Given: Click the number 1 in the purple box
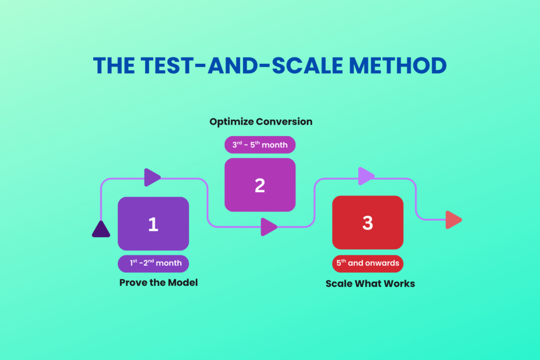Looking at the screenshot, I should click(x=153, y=224).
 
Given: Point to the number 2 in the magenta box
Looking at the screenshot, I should click(x=259, y=185).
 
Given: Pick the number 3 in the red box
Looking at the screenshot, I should click(x=368, y=223).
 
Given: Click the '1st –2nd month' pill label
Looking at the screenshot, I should click(x=153, y=263).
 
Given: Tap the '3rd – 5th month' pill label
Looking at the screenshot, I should click(x=259, y=144).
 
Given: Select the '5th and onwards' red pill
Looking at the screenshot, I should click(x=368, y=262).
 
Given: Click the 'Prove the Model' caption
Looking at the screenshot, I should click(x=158, y=283).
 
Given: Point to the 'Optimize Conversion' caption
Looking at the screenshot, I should click(x=261, y=122).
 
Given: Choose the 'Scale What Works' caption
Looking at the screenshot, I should click(x=370, y=284).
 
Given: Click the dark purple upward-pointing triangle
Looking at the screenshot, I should click(x=101, y=229).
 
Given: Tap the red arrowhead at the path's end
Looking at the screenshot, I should click(x=453, y=220).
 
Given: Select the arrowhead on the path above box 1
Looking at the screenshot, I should click(x=152, y=178).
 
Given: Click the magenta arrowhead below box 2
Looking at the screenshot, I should click(x=269, y=227).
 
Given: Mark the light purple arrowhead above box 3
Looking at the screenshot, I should click(x=366, y=176).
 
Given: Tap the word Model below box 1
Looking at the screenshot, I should click(x=183, y=283).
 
